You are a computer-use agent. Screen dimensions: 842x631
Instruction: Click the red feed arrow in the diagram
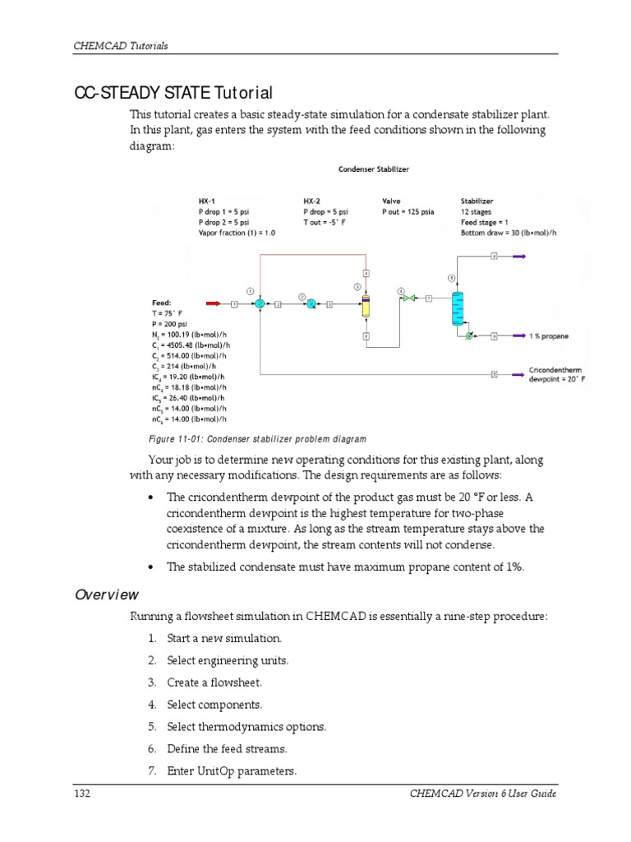[x=213, y=304]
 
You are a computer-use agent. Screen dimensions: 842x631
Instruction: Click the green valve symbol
[x=408, y=298]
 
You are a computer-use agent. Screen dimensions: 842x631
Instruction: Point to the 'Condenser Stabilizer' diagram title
[x=374, y=169]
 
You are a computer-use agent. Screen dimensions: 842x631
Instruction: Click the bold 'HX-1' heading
[x=208, y=201]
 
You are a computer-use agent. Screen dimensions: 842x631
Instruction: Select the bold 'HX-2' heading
[x=312, y=201]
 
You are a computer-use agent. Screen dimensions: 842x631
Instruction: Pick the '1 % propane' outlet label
[x=549, y=336]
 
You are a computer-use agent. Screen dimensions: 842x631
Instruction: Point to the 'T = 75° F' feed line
[x=170, y=313]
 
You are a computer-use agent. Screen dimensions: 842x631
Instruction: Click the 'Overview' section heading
[x=107, y=594]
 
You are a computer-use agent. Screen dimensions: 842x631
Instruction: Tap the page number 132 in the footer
[x=81, y=793]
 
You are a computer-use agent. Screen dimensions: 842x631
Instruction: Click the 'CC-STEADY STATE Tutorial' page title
[x=173, y=93]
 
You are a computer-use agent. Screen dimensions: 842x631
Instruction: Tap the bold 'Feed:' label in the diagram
[x=162, y=303]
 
